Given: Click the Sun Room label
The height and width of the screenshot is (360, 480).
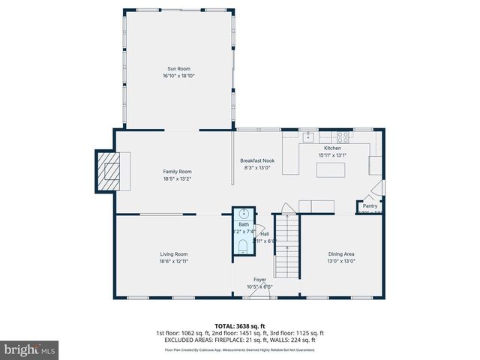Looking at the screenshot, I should [178, 68].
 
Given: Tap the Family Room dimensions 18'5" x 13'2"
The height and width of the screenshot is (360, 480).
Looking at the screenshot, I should [178, 178].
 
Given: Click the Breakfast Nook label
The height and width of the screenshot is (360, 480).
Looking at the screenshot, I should [256, 160].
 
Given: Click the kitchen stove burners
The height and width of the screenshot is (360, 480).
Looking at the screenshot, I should [342, 137].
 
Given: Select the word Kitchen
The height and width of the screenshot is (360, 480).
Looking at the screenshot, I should [332, 148].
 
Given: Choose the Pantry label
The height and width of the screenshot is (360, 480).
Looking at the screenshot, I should [370, 205].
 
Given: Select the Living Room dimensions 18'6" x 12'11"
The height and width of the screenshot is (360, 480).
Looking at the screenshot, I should [173, 262].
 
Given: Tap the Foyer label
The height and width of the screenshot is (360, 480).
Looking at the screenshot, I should [259, 280].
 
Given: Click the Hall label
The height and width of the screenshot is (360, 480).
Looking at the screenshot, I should [265, 234].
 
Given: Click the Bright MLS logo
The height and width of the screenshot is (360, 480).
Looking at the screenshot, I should [30, 349].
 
